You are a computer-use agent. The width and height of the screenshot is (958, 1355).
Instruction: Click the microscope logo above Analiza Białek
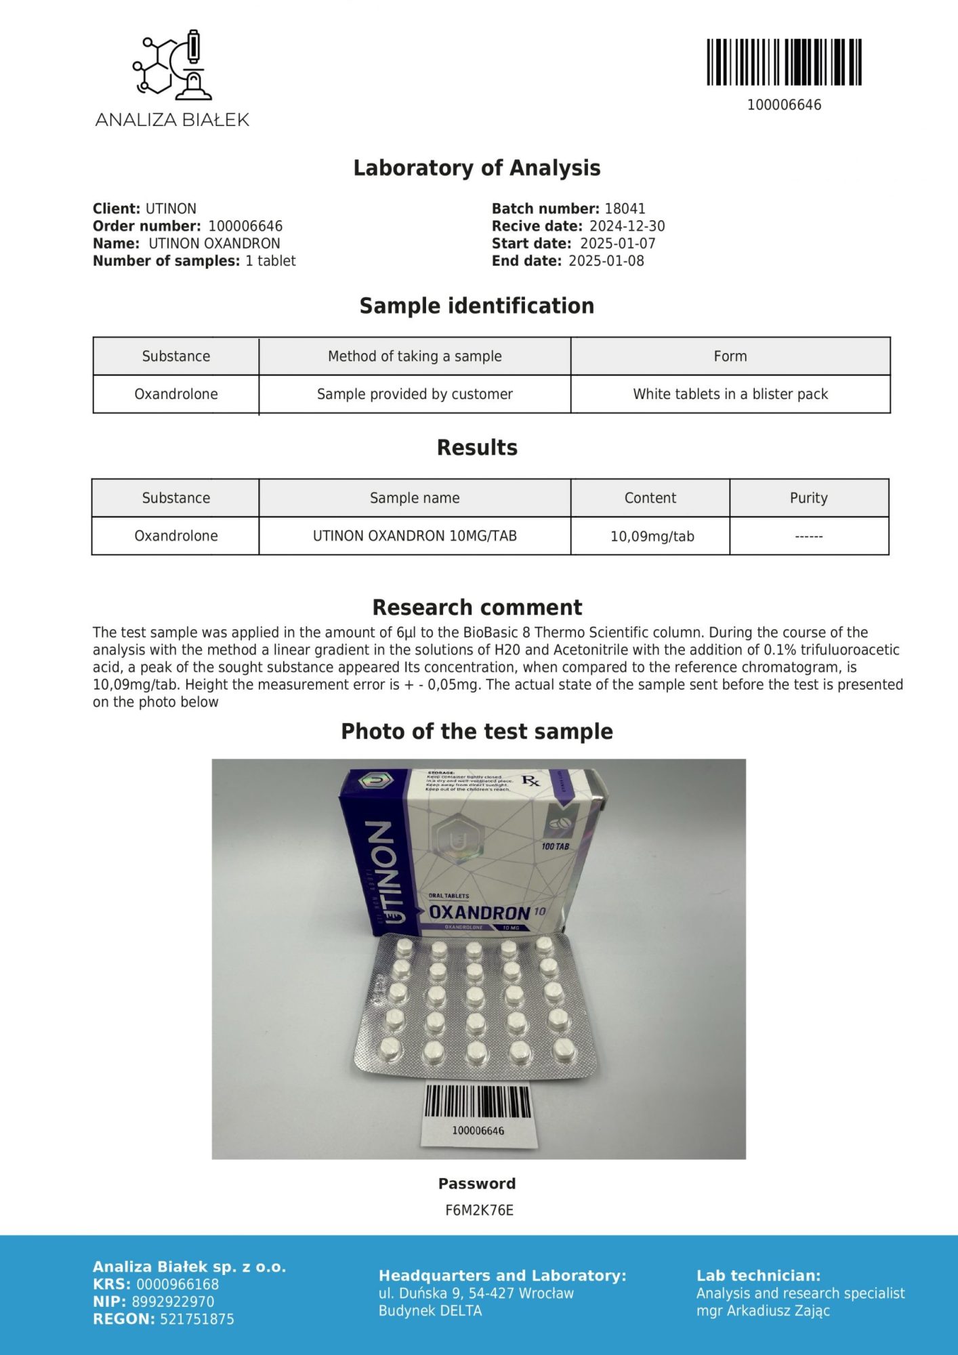click(x=172, y=64)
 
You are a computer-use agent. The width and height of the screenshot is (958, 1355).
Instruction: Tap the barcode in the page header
click(x=784, y=62)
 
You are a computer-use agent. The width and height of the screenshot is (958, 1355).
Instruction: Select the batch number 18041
click(x=625, y=209)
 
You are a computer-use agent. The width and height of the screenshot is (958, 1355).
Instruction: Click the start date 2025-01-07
click(x=618, y=243)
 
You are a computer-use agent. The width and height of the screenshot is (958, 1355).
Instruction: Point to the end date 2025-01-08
click(x=606, y=261)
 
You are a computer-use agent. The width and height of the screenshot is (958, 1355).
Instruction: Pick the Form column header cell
click(x=730, y=356)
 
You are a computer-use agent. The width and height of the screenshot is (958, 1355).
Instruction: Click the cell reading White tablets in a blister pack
click(x=730, y=394)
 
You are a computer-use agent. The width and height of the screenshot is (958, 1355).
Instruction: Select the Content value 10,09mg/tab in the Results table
click(x=652, y=537)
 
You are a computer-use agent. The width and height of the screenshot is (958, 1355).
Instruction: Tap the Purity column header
click(x=808, y=498)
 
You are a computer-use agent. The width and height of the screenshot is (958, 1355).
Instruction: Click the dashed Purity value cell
click(x=808, y=537)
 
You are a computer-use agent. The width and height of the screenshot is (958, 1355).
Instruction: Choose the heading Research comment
click(x=477, y=607)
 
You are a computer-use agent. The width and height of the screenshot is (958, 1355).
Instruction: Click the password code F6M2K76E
click(x=479, y=1210)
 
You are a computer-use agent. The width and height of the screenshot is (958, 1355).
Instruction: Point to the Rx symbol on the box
click(x=530, y=781)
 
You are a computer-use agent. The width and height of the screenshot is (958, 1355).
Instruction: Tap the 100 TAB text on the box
click(x=555, y=846)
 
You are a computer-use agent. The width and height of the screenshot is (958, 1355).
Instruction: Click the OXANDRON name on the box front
click(x=480, y=913)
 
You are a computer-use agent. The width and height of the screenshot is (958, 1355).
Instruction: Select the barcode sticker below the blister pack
click(x=478, y=1114)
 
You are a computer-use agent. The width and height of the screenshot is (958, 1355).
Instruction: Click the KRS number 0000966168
click(x=178, y=1285)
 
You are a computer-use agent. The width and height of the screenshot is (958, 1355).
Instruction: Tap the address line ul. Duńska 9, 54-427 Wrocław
click(x=476, y=1293)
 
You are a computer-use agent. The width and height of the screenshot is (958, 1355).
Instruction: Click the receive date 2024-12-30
click(x=627, y=226)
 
